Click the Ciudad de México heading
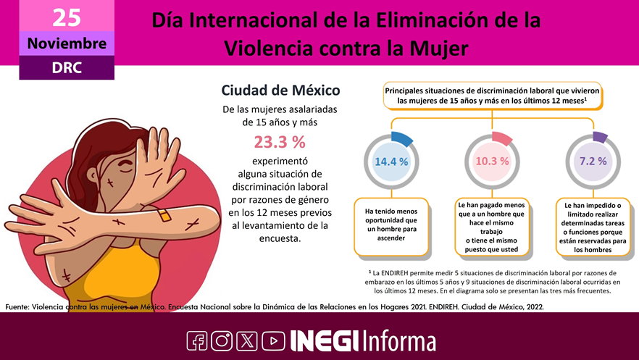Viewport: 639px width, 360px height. (280, 91)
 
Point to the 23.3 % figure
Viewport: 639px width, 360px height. (279, 142)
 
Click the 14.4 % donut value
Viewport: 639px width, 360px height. (391, 161)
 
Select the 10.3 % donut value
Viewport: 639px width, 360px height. (492, 161)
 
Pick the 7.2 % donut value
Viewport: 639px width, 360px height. (593, 161)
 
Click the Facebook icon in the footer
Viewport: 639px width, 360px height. (197, 340)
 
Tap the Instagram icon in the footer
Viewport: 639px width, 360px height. (222, 340)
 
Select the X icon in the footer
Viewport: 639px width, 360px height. (247, 340)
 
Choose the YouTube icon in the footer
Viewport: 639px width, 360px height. (272, 340)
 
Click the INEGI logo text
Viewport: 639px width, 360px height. (324, 340)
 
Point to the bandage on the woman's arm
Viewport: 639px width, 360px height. (164, 215)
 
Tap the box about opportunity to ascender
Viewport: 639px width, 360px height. (391, 225)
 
